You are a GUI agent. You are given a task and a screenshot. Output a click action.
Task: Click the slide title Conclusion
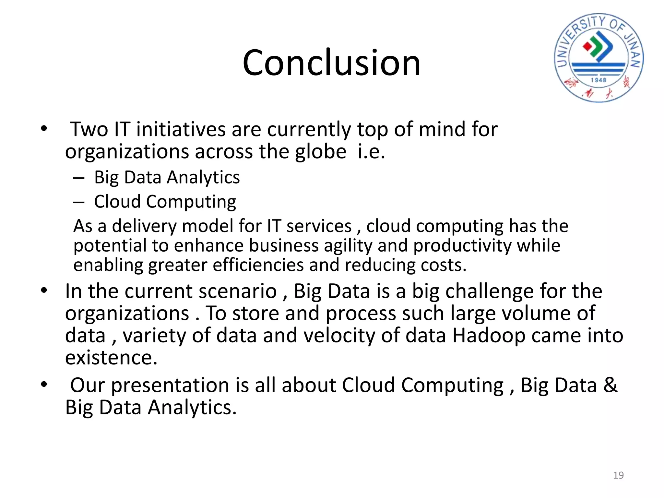[331, 63]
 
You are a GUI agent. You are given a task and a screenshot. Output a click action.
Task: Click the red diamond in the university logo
[587, 47]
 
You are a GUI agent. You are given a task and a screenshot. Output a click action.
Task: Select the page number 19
[618, 475]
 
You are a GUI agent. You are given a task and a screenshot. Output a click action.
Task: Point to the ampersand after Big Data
[611, 385]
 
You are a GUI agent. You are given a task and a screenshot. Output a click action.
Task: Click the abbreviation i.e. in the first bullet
[371, 152]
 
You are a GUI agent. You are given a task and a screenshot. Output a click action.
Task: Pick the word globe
[320, 152]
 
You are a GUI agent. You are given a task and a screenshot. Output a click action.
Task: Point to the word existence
[111, 358]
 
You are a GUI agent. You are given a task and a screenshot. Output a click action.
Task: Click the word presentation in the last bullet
[170, 385]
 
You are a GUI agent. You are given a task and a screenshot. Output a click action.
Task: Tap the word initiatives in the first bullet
[181, 129]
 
